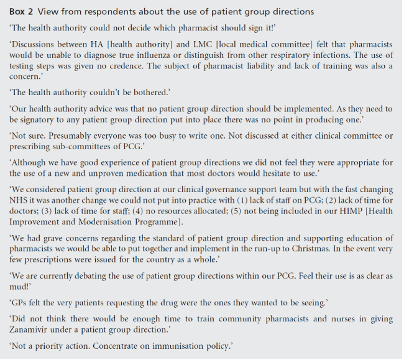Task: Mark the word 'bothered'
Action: coord(149,94)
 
